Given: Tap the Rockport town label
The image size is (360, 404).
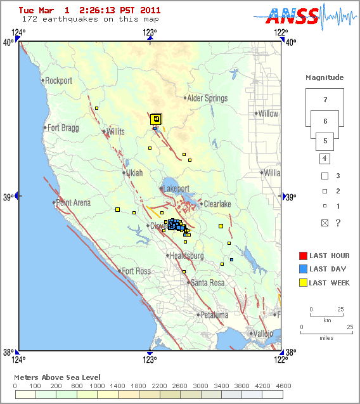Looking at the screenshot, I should coord(59,81).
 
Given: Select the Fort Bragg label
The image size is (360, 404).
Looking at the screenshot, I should coord(63,127).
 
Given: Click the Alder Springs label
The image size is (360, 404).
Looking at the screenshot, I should coord(207,98).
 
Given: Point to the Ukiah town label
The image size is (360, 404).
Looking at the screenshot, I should coord(134,173).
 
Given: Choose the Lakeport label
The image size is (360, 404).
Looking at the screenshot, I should coord(176,189).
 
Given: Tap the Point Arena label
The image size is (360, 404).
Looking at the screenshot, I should coord(74,203).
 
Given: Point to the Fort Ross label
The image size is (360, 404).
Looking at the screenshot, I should coord(136,271).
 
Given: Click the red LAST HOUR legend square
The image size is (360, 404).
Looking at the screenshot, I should coord(303,256).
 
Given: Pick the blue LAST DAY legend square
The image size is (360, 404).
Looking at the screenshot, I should coord(303,269).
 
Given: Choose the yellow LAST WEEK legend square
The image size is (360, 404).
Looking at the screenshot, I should coord(303,283).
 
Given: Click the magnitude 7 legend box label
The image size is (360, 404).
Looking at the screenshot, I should coord(325,100).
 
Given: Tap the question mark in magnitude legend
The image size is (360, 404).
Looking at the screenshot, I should coord(338,223).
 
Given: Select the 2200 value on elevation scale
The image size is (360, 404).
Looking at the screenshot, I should coord(159,386).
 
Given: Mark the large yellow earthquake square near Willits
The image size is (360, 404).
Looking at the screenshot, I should coord(156,119).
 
